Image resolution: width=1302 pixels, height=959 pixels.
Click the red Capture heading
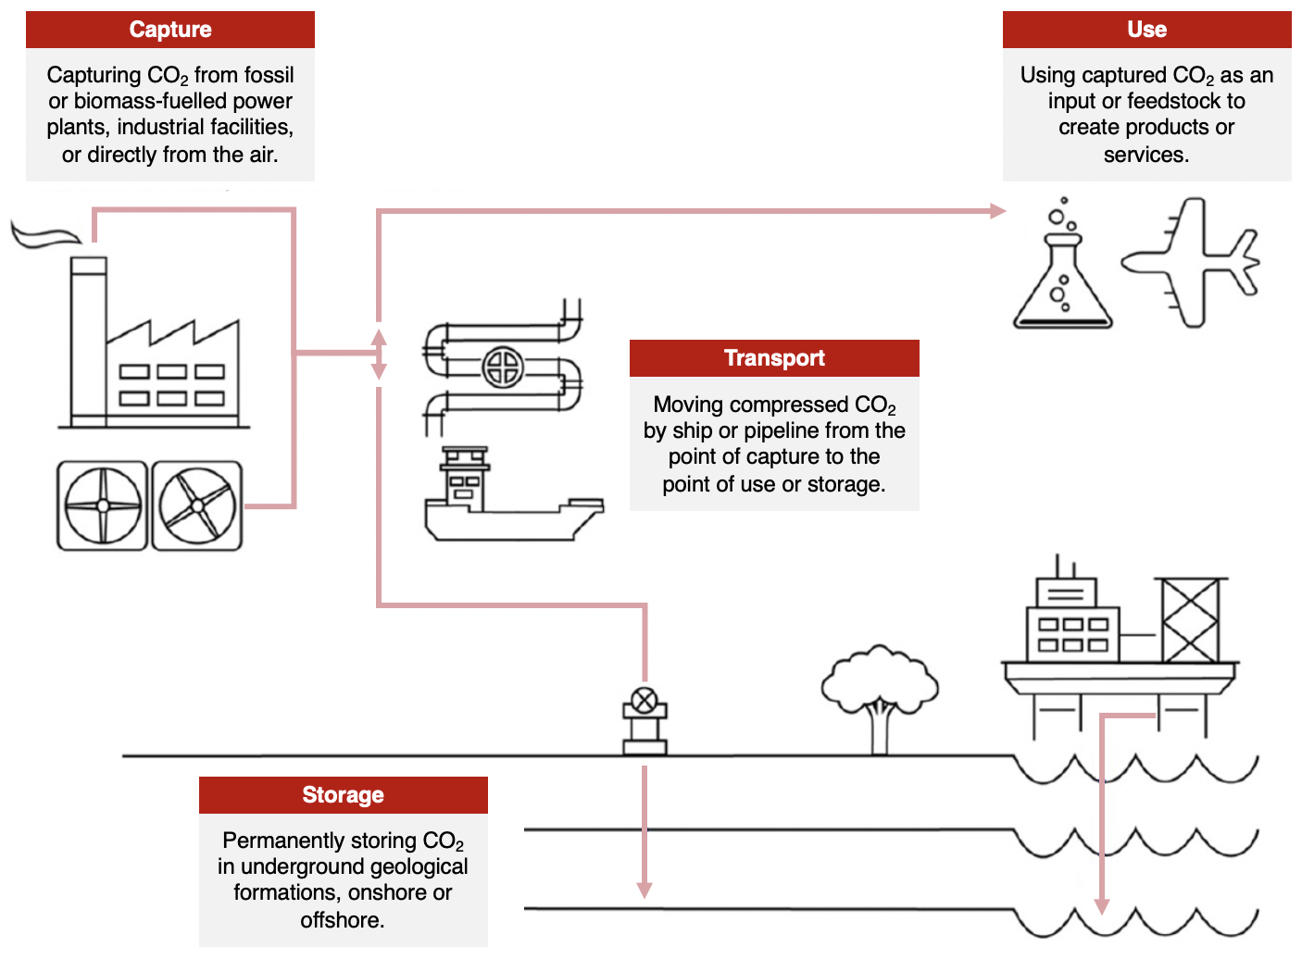(170, 30)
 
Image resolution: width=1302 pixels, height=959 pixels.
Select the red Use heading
(1146, 30)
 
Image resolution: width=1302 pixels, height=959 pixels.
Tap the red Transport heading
(774, 358)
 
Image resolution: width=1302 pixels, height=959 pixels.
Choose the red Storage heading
(343, 795)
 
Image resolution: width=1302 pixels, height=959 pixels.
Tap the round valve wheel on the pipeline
(503, 367)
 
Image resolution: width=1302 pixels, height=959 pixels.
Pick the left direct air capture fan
(103, 505)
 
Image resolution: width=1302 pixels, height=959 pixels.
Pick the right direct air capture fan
(197, 505)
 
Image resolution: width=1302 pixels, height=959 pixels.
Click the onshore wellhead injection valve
(645, 701)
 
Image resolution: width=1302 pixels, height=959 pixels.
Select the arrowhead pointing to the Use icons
(997, 211)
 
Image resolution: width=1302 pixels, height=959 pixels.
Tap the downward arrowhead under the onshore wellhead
(645, 890)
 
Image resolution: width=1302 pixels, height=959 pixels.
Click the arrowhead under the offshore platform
(1102, 905)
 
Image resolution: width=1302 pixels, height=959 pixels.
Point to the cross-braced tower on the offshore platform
(1190, 620)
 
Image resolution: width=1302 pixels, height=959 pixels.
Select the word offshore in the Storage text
(342, 920)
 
